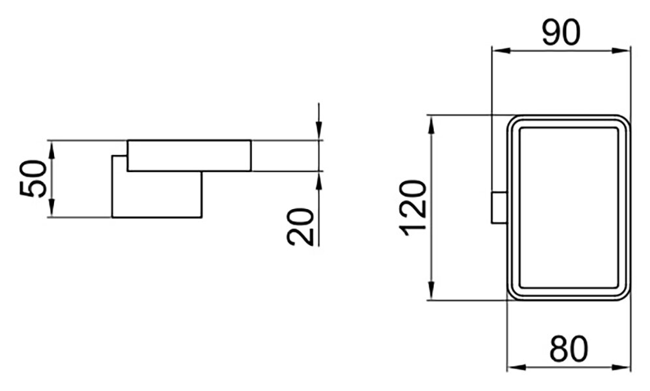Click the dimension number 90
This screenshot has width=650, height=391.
pos(561,33)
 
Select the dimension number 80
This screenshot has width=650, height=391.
pos(569,349)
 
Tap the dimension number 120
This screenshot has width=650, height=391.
pos(414,208)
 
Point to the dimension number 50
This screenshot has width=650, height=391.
pos(33,179)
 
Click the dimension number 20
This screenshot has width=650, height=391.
pos(300,227)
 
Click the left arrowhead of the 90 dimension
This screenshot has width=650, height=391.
pos(500,51)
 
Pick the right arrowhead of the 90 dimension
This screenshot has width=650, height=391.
pos(621,51)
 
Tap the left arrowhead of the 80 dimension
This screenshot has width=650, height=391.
pos(516,368)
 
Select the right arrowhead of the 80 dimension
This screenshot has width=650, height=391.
pos(621,368)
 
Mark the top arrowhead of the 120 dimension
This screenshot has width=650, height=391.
pos(432,125)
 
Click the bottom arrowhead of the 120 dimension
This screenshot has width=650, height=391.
pos(432,290)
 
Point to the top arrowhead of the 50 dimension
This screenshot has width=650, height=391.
pos(52,150)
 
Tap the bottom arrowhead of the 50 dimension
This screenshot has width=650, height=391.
pos(52,208)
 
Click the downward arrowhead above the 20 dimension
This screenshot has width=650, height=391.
pos(318,130)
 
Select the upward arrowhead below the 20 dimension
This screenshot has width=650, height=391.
pos(318,181)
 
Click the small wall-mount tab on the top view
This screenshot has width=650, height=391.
pos(500,208)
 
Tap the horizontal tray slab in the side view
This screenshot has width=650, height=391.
pos(189,156)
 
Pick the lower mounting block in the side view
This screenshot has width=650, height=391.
pos(157,194)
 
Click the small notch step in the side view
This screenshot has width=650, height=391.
pos(119,156)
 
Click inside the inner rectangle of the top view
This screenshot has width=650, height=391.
pos(569,208)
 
